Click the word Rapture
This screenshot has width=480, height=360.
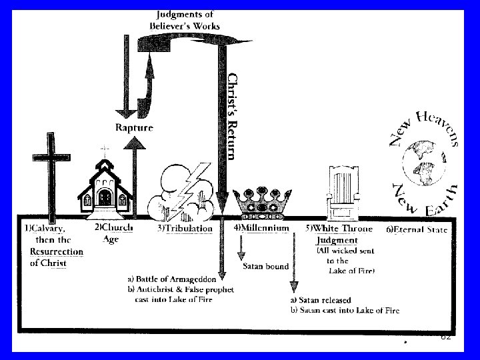134,127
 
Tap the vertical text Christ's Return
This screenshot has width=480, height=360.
231,116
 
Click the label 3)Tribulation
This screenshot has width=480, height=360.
185,229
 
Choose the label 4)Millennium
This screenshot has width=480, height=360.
261,228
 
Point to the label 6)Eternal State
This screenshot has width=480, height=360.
417,230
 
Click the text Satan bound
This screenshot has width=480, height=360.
265,267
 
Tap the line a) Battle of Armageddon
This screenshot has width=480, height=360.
172,279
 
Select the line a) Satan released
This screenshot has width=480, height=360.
322,301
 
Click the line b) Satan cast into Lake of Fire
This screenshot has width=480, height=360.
345,311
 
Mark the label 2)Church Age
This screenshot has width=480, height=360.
114,233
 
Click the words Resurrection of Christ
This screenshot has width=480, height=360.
56,257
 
